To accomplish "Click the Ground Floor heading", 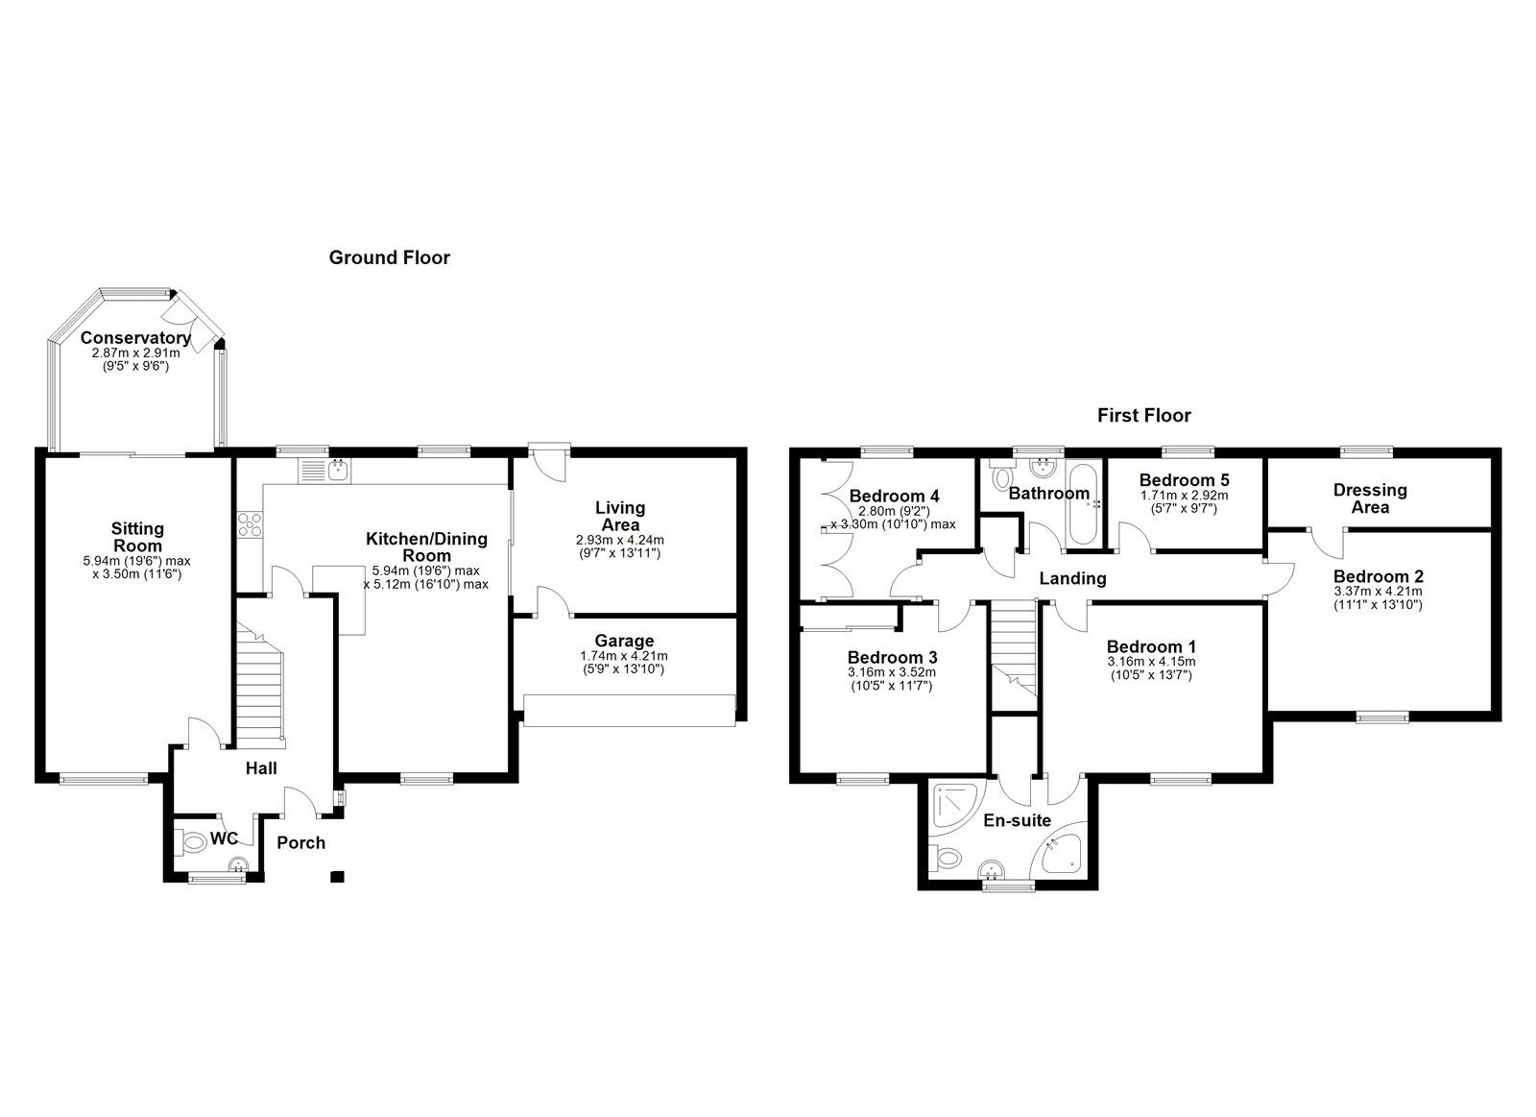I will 389,257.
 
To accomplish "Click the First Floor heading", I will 1143,416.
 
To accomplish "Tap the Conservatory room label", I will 134,338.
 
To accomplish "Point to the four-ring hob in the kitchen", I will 251,524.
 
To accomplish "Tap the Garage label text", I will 624,641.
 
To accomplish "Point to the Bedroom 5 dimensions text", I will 1184,501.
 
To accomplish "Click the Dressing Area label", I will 1370,498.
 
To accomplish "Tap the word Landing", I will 1073,578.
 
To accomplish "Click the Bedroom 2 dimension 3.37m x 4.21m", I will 1377,592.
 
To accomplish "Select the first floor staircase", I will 1015,645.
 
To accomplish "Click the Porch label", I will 300,843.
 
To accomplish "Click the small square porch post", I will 336,876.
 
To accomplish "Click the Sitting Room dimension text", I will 136,567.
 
